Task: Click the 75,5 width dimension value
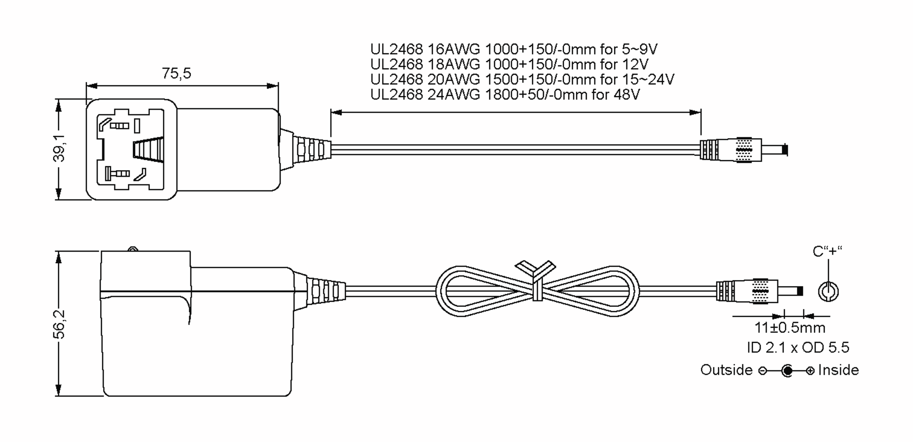click(177, 73)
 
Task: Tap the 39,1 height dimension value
click(59, 148)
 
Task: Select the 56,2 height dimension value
click(59, 324)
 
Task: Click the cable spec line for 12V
click(509, 64)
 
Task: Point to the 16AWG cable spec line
click(514, 49)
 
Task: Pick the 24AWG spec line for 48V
click(505, 94)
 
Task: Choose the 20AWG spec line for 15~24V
click(522, 79)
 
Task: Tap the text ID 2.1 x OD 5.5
click(798, 347)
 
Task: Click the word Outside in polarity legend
click(727, 370)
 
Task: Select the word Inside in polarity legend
click(838, 370)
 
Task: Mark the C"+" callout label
click(827, 251)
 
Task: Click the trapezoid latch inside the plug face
click(148, 150)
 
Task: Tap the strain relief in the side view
click(320, 292)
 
